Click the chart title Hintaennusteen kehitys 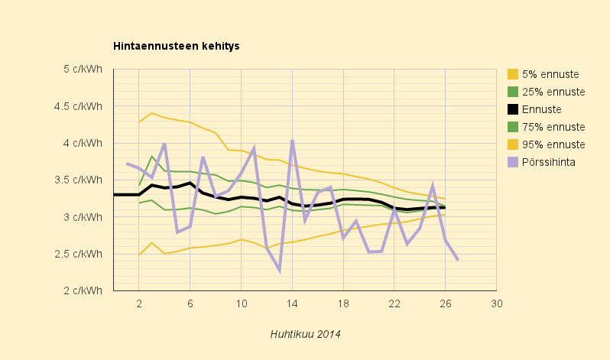tap(177, 46)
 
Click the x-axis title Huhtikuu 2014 tap(306, 334)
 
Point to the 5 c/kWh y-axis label tap(83, 70)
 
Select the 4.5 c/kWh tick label tap(78, 106)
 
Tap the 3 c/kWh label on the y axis tap(83, 217)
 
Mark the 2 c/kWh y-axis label tap(83, 290)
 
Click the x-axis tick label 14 tap(292, 303)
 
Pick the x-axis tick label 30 tap(497, 303)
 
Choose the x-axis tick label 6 tap(190, 303)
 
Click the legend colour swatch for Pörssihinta tap(513, 162)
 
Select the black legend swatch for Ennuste tap(513, 109)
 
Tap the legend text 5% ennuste tap(550, 74)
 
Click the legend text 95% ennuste tap(553, 144)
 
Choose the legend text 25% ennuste tap(553, 92)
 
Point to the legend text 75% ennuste tap(553, 128)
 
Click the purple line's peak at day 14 tap(292, 140)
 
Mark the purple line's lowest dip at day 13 tap(279, 271)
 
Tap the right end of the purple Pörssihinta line tap(458, 260)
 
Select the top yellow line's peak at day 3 tap(151, 113)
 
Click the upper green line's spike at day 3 tap(152, 157)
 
